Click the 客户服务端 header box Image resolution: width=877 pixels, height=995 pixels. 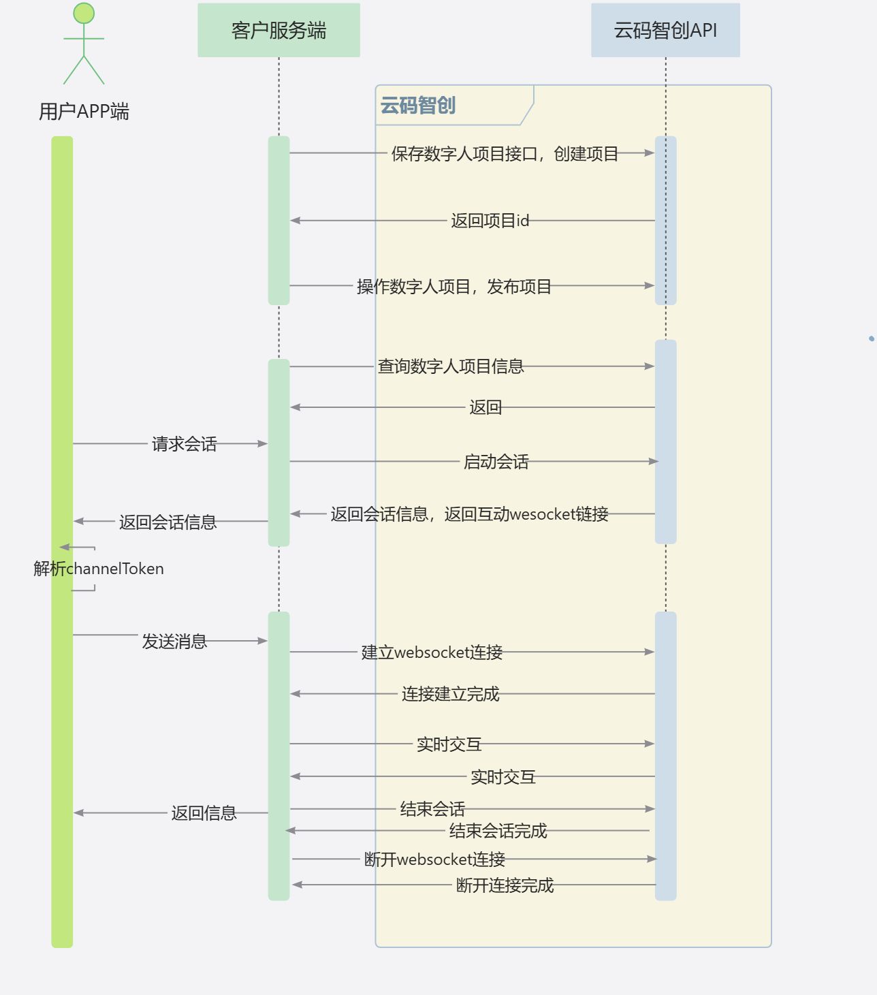pyautogui.click(x=278, y=30)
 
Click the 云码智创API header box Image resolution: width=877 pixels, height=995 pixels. pyautogui.click(x=665, y=30)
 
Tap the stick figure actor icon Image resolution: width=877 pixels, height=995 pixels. pyautogui.click(x=84, y=44)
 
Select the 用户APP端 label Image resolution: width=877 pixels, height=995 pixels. pyautogui.click(x=84, y=111)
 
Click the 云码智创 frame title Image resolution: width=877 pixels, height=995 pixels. pyautogui.click(x=418, y=106)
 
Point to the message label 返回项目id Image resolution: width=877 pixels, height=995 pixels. pyautogui.click(x=490, y=221)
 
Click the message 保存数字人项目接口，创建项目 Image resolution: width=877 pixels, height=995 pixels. pyautogui.click(x=505, y=154)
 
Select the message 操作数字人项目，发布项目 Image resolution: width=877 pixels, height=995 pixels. pyautogui.click(x=454, y=287)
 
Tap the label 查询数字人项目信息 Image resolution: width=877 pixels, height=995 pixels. pyautogui.click(x=451, y=366)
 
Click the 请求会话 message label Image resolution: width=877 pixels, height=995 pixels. pyautogui.click(x=184, y=444)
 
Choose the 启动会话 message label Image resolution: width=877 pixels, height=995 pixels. pyautogui.click(x=496, y=462)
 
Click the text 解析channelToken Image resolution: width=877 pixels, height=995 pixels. pyautogui.click(x=99, y=569)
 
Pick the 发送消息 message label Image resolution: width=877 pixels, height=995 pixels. pyautogui.click(x=174, y=642)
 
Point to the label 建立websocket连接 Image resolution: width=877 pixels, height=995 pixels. pyautogui.click(x=432, y=652)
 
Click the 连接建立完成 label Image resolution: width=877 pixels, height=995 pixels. pyautogui.click(x=450, y=694)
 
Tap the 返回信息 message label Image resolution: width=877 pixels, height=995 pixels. pyautogui.click(x=204, y=813)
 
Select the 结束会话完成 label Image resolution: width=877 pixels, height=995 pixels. pyautogui.click(x=498, y=831)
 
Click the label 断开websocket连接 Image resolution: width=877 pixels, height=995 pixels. pyautogui.click(x=434, y=859)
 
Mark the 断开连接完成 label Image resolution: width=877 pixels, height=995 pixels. pyautogui.click(x=505, y=885)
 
